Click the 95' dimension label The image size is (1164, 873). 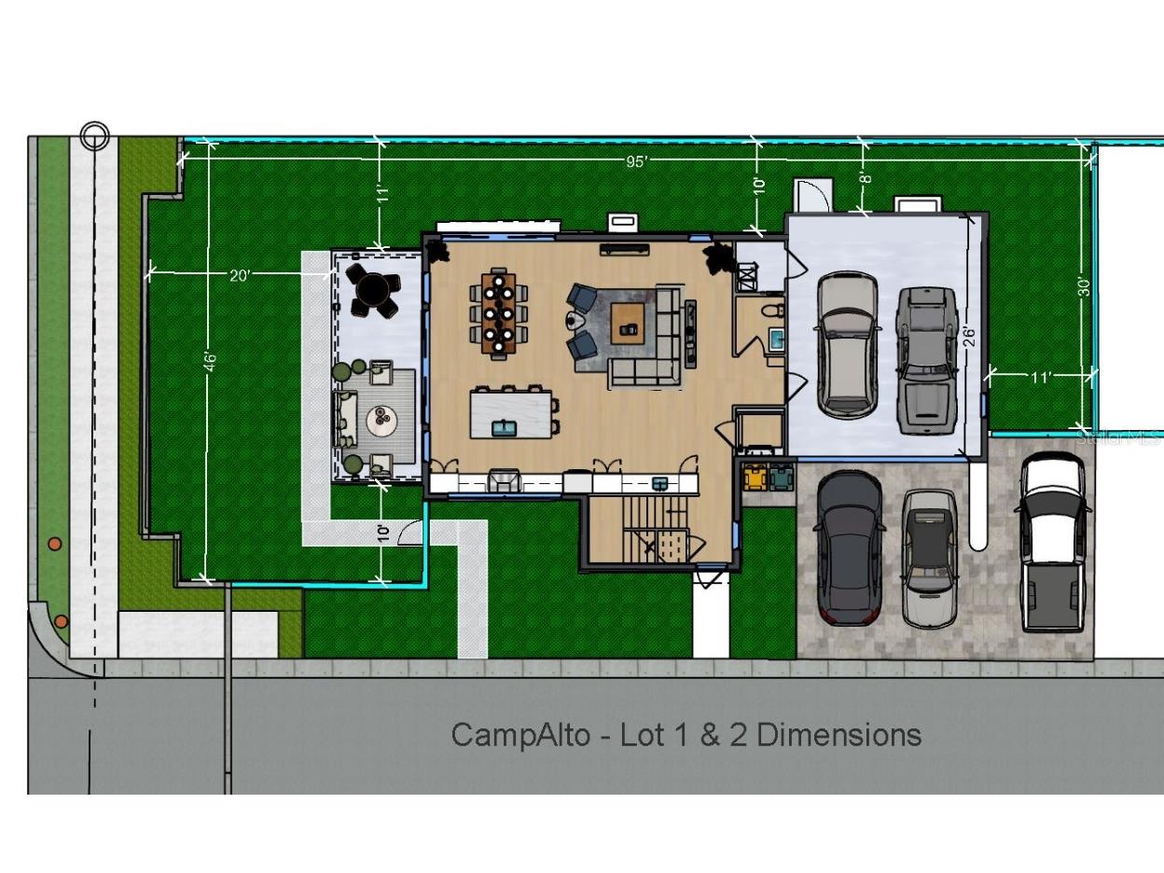point(636,161)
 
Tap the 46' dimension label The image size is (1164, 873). point(211,362)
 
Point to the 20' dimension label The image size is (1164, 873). point(240,275)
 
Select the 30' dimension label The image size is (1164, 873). point(1083,285)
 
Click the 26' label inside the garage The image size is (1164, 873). point(969,336)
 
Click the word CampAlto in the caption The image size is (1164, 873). point(520,735)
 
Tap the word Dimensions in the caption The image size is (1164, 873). point(838,735)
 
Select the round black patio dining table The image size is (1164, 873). point(372,289)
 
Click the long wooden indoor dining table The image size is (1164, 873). point(499,313)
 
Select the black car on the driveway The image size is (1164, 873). point(849,547)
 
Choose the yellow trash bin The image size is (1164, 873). point(754,478)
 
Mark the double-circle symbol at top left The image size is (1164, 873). point(94,136)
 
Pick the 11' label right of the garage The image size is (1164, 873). point(1041,378)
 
